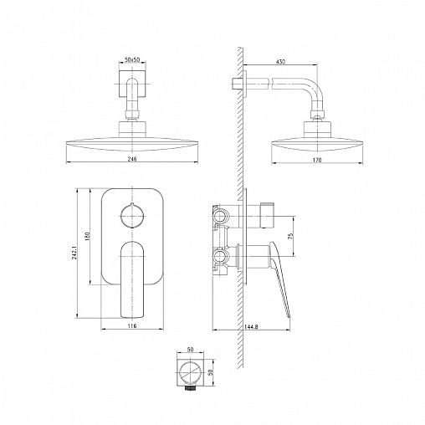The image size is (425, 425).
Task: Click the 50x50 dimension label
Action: click(x=132, y=59)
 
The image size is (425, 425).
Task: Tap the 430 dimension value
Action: click(x=280, y=62)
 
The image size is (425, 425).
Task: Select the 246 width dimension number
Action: click(x=132, y=159)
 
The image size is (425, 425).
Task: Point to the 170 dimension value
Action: click(x=317, y=160)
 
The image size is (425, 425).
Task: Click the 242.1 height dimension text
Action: click(x=74, y=253)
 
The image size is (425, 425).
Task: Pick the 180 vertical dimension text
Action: click(x=88, y=237)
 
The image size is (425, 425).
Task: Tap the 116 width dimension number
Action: click(x=132, y=325)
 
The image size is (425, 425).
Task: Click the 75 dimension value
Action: click(x=290, y=236)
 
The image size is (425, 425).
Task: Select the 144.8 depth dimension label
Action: click(x=251, y=327)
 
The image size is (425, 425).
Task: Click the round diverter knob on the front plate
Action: click(x=132, y=216)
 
